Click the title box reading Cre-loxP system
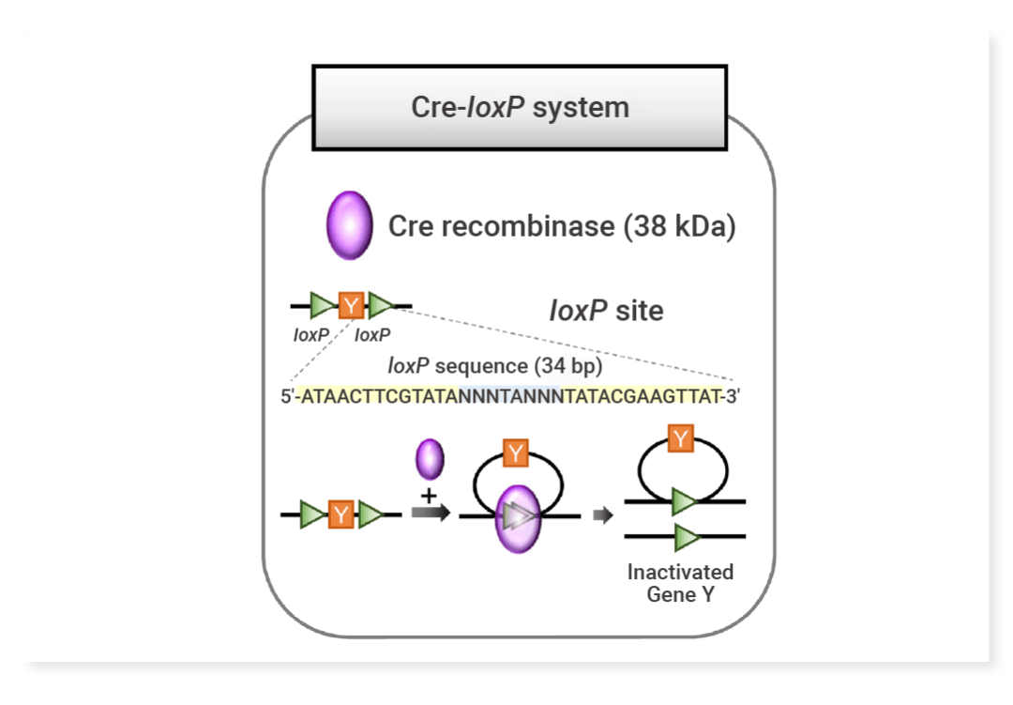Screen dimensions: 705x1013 pyautogui.click(x=520, y=106)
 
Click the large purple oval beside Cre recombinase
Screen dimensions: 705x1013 pyautogui.click(x=349, y=225)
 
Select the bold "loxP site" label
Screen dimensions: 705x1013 pyautogui.click(x=606, y=310)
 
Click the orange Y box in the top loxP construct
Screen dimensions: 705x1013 pyautogui.click(x=351, y=304)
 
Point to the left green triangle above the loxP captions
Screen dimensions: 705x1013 pyautogui.click(x=322, y=304)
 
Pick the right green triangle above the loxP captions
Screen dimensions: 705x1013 pyautogui.click(x=380, y=304)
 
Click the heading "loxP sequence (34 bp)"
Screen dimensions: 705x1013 pyautogui.click(x=495, y=366)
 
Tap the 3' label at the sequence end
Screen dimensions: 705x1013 pyautogui.click(x=732, y=396)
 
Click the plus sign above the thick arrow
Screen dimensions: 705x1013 pyautogui.click(x=430, y=494)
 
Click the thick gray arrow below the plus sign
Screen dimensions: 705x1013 pyautogui.click(x=431, y=514)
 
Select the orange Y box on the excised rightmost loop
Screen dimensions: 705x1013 pyautogui.click(x=681, y=437)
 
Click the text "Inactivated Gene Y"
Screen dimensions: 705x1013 pyautogui.click(x=680, y=583)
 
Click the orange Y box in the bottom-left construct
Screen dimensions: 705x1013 pyautogui.click(x=341, y=514)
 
